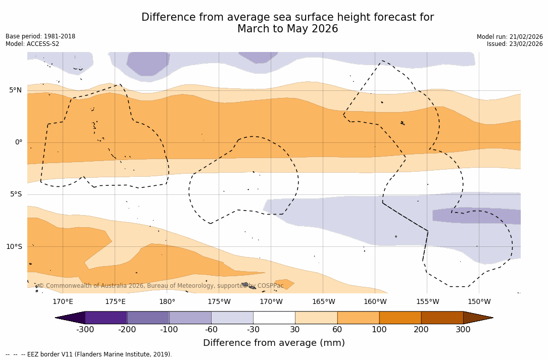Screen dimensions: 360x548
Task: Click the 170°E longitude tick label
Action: [x=63, y=302]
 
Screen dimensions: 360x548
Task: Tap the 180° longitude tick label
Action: [x=167, y=302]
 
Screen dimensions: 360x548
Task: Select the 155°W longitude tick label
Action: [x=427, y=302]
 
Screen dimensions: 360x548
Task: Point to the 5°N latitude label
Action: [x=15, y=90]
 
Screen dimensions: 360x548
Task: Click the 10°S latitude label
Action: [x=14, y=247]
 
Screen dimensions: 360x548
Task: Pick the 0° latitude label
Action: [x=18, y=142]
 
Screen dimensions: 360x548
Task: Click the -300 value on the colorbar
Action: [x=85, y=330]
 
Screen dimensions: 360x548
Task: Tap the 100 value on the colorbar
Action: [x=379, y=330]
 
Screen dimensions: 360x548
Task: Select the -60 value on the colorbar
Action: [x=211, y=330]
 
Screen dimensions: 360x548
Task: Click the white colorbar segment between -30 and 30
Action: [x=274, y=318]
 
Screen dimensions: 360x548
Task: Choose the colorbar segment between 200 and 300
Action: [x=442, y=318]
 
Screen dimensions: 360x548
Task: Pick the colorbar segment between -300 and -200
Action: [x=106, y=318]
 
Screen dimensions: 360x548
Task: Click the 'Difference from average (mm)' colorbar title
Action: [x=274, y=343]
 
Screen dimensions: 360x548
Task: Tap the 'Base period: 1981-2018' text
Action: [x=40, y=36]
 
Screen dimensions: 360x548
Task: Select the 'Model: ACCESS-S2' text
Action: [x=32, y=44]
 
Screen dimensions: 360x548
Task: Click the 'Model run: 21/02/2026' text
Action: [x=510, y=37]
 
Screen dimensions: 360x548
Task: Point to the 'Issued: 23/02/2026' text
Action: [x=515, y=44]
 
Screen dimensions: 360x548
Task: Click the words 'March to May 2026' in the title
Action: [x=287, y=29]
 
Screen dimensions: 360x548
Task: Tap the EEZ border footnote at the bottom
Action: [x=89, y=354]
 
